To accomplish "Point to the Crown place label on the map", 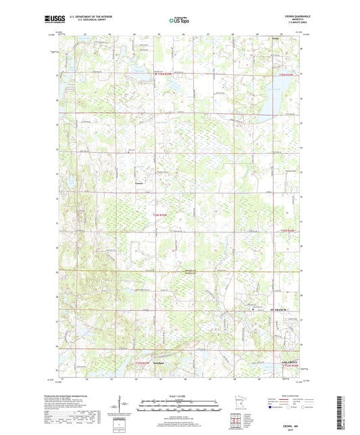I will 139,183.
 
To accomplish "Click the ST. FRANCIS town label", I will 279,310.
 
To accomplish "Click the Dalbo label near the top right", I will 276,49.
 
